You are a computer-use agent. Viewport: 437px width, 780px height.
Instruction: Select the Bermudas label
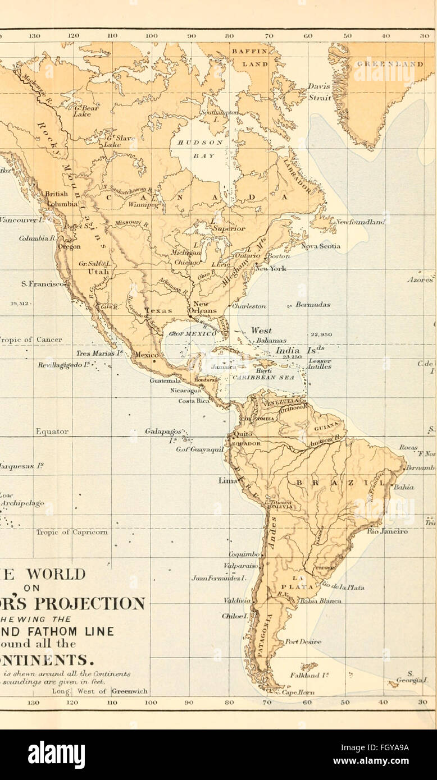(312, 305)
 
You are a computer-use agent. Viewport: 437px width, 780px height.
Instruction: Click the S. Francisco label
(44, 284)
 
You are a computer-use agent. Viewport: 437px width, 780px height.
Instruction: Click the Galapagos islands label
(163, 433)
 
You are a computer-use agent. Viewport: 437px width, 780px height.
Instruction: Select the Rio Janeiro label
(388, 531)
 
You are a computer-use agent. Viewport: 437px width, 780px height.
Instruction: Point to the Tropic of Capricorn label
(72, 532)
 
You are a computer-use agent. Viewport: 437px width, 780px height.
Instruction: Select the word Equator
(52, 432)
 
